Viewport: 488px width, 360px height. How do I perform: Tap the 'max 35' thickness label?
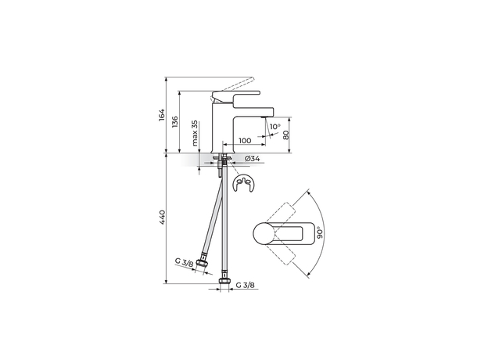click(195, 135)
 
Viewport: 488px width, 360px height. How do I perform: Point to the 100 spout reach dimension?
click(245, 141)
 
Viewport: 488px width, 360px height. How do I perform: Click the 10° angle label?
click(274, 127)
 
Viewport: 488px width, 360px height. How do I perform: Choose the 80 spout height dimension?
click(287, 135)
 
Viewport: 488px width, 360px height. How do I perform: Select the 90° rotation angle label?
click(320, 232)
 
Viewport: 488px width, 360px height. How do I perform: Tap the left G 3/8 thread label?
click(185, 261)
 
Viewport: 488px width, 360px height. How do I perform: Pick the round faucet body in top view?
click(264, 233)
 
